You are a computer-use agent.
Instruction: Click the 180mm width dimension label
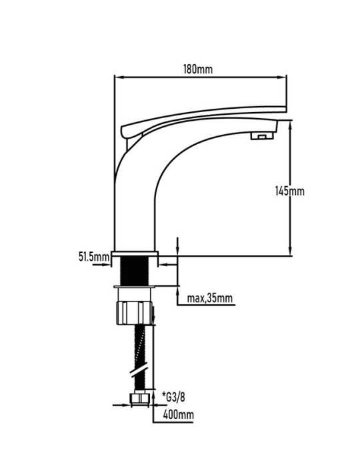point(198,69)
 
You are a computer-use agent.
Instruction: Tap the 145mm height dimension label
point(290,191)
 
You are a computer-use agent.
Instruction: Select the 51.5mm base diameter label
point(94,256)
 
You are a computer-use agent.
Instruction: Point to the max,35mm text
point(210,298)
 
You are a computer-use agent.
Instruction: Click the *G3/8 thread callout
point(173,397)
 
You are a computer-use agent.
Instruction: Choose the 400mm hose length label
point(178,414)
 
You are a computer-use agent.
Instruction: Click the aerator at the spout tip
point(262,136)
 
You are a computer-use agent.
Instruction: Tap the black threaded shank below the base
point(134,271)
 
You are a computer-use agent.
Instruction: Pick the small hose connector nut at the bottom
point(140,400)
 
